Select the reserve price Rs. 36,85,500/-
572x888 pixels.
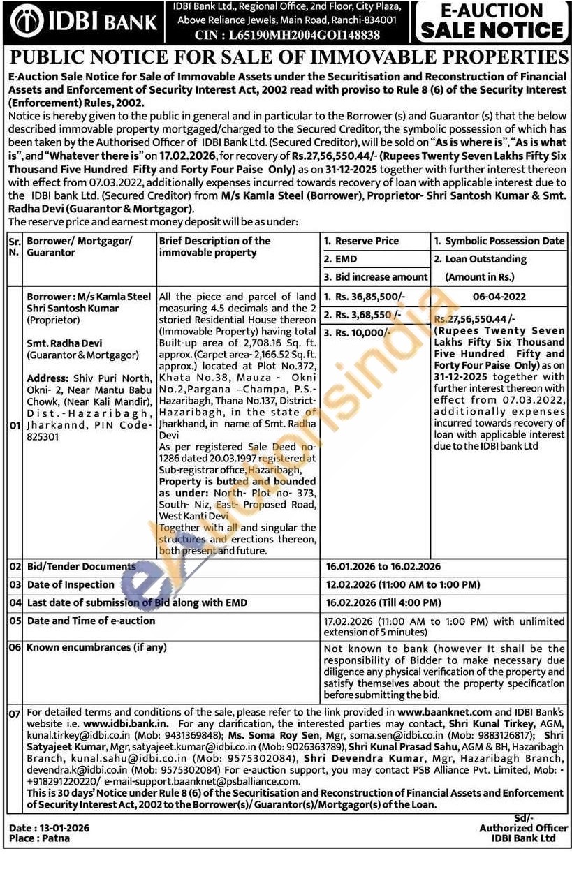363,296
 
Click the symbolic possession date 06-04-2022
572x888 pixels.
499,296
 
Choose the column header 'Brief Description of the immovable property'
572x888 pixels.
215,246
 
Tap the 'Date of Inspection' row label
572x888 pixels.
70,584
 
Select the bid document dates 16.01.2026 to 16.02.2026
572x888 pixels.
383,566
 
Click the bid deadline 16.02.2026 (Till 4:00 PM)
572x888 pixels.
383,602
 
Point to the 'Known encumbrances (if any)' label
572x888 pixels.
96,647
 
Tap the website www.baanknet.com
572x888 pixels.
444,712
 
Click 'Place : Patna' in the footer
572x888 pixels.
40,838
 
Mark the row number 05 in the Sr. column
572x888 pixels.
15,620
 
